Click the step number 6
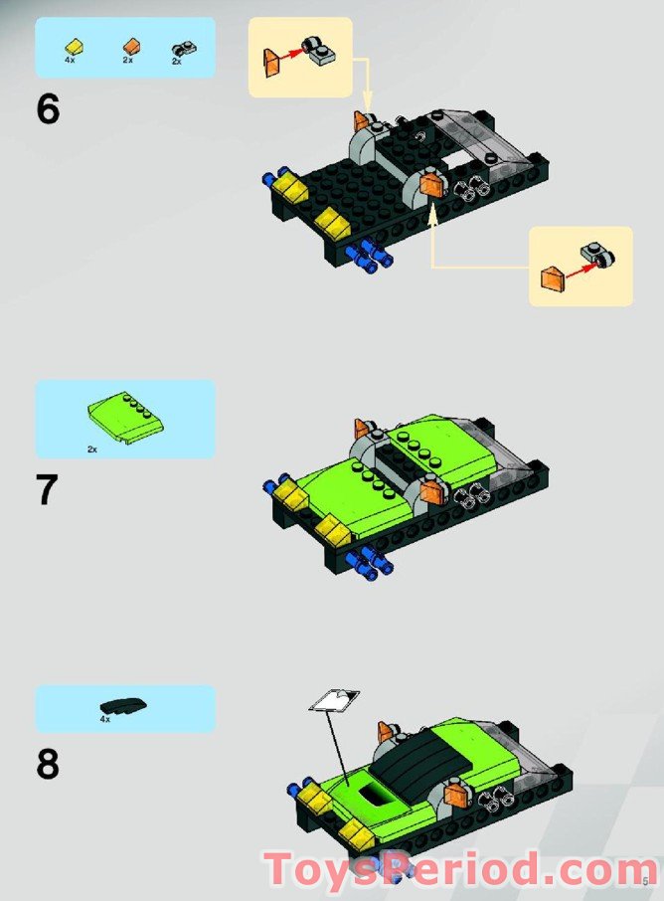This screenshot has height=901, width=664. pyautogui.click(x=48, y=109)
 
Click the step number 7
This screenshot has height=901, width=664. pyautogui.click(x=48, y=490)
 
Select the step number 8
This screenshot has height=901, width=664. pyautogui.click(x=48, y=765)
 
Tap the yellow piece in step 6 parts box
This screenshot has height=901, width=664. pyautogui.click(x=73, y=46)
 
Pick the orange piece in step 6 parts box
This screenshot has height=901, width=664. pyautogui.click(x=129, y=46)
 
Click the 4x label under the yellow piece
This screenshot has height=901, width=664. pyautogui.click(x=71, y=61)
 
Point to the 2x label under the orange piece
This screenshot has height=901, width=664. pyautogui.click(x=127, y=61)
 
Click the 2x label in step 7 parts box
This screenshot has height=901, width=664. pyautogui.click(x=92, y=450)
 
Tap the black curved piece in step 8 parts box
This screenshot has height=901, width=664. pyautogui.click(x=124, y=705)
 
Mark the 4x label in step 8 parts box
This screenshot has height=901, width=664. pyautogui.click(x=104, y=718)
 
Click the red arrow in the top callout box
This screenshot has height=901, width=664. pyautogui.click(x=294, y=58)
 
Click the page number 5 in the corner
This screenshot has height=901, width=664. pyautogui.click(x=645, y=880)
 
